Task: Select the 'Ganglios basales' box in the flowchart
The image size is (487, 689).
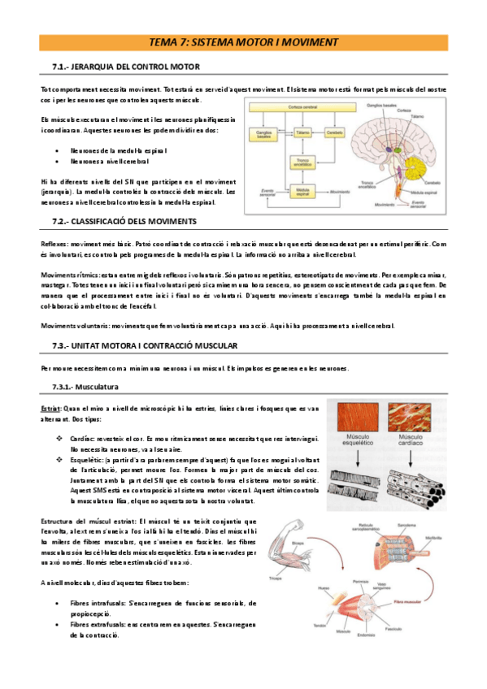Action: click(x=265, y=135)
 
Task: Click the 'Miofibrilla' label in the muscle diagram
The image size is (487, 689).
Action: click(x=433, y=537)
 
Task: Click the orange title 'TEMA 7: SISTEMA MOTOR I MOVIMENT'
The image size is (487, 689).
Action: click(x=244, y=42)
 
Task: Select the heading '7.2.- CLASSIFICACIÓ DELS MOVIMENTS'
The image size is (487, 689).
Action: click(x=124, y=222)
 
